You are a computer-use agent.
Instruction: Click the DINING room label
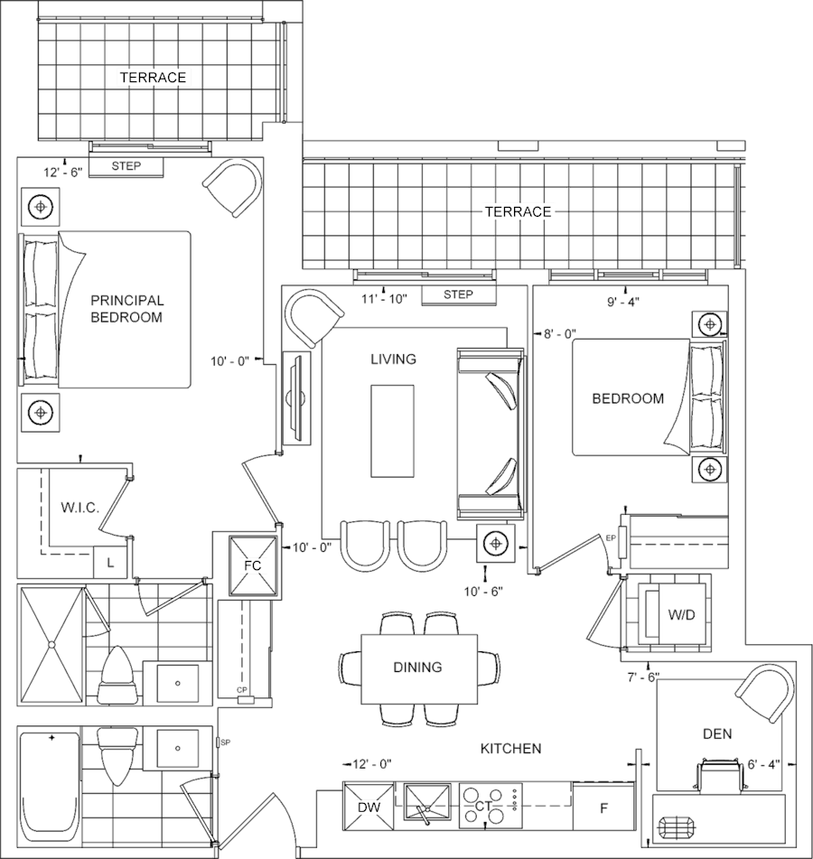coord(417,668)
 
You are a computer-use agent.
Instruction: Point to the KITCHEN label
coord(510,749)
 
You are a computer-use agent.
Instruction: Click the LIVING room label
coord(393,359)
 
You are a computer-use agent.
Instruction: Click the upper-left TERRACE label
coord(154,78)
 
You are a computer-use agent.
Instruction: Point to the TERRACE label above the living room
coord(518,211)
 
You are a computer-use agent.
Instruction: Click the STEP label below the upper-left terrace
coord(126,166)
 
